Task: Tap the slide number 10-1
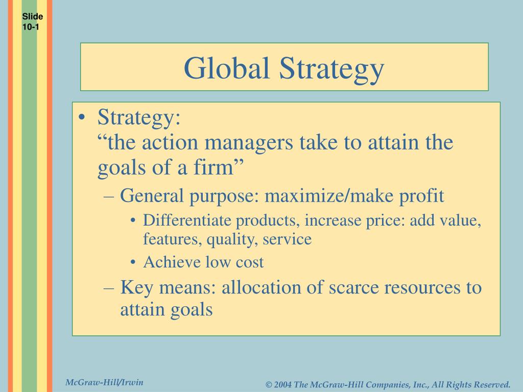tap(31, 27)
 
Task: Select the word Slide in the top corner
tap(32, 17)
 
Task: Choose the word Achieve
tap(172, 262)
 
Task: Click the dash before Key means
tap(112, 287)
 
